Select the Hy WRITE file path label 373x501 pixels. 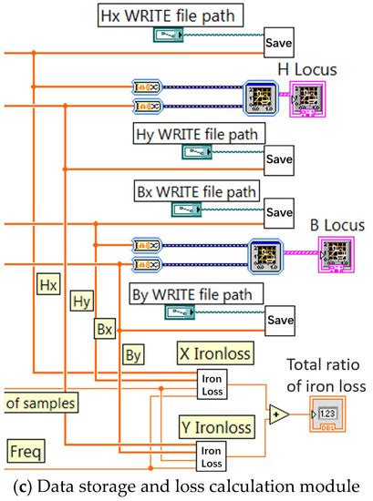tap(200, 135)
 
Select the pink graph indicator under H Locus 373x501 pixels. tap(306, 97)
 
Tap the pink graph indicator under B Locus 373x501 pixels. tap(335, 254)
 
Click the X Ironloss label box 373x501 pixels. tap(216, 352)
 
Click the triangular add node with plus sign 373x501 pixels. tap(278, 414)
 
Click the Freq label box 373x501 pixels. tap(26, 449)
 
